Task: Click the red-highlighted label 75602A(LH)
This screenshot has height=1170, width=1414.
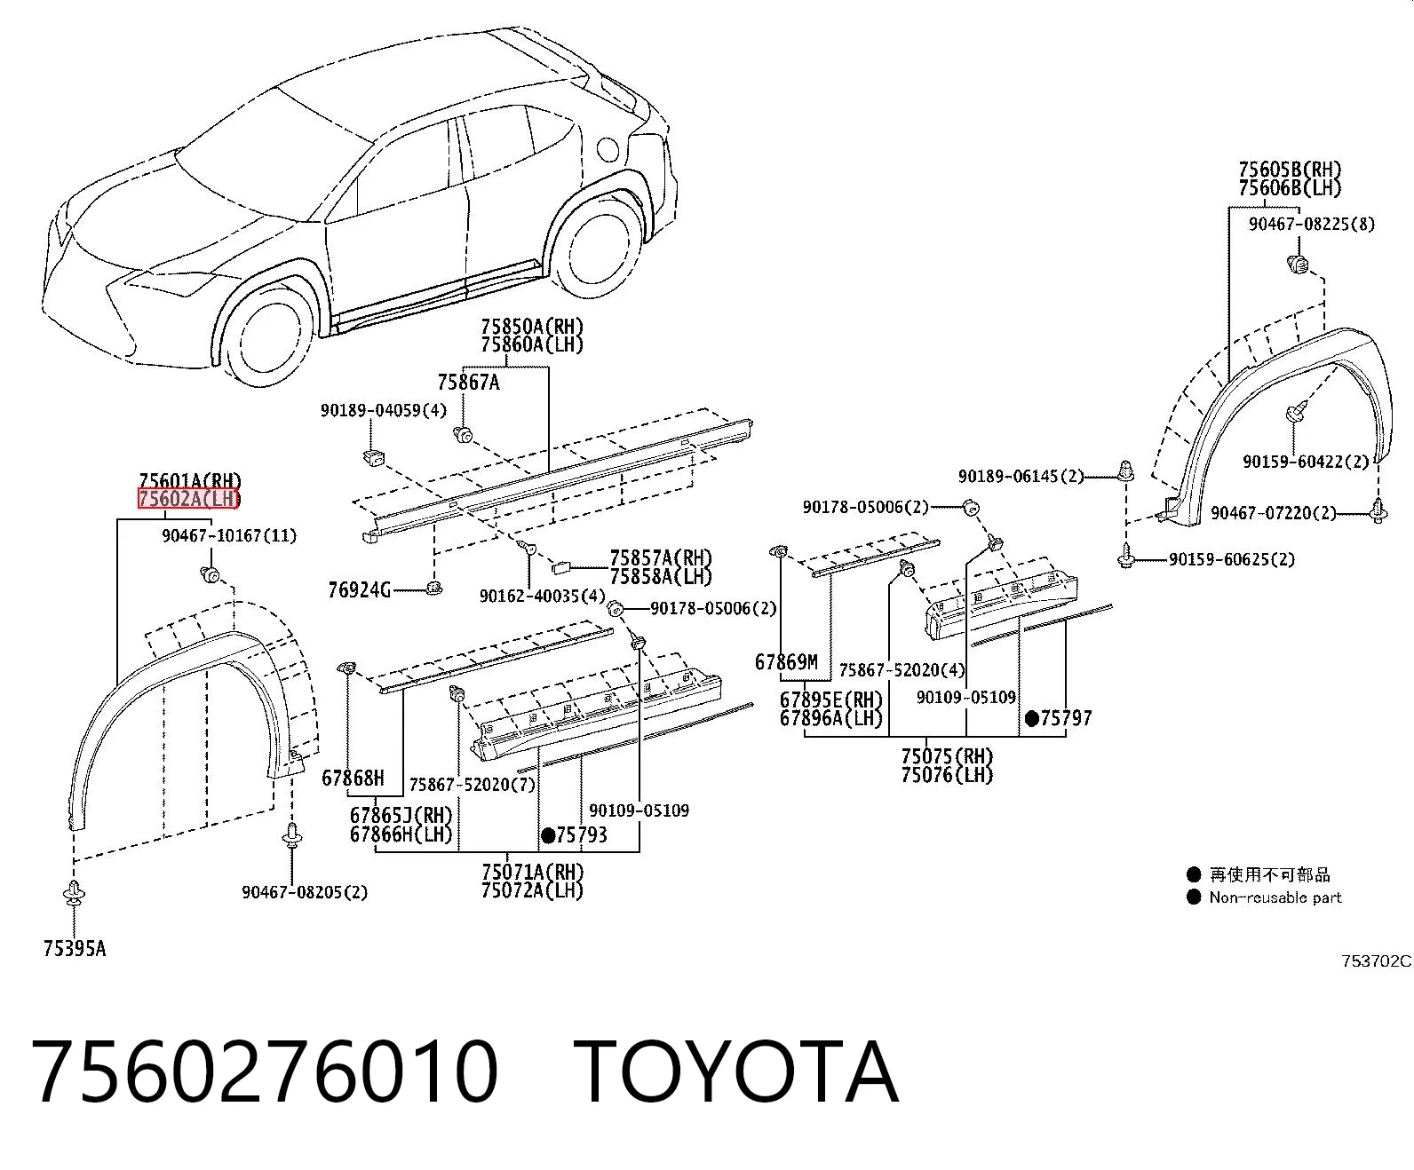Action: (x=188, y=499)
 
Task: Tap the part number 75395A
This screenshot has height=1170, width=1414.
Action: (x=75, y=949)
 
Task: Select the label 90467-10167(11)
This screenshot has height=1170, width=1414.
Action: (x=229, y=535)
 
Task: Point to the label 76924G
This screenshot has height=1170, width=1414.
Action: (x=359, y=590)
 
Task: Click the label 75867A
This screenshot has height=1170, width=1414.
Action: (x=468, y=383)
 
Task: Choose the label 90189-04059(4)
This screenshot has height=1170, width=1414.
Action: (x=384, y=410)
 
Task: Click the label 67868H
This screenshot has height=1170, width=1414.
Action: (x=353, y=778)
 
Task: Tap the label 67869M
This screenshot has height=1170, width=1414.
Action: (x=786, y=662)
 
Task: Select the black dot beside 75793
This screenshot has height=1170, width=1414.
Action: (x=548, y=835)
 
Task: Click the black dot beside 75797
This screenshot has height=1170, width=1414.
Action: (x=1032, y=719)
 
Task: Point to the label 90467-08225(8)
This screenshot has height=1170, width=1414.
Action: (x=1312, y=224)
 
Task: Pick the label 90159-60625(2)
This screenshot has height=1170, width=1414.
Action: (x=1231, y=559)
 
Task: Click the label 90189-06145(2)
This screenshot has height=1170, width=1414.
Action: (x=1021, y=476)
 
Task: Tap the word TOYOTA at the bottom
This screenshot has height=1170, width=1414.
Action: (x=736, y=1073)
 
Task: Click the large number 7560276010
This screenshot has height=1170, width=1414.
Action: (x=265, y=1073)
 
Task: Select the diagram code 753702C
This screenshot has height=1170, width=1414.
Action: (x=1377, y=961)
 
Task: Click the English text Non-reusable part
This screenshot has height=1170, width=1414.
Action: (x=1275, y=897)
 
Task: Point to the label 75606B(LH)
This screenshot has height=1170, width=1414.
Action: (x=1290, y=187)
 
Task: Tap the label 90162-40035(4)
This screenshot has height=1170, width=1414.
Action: (x=543, y=596)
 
